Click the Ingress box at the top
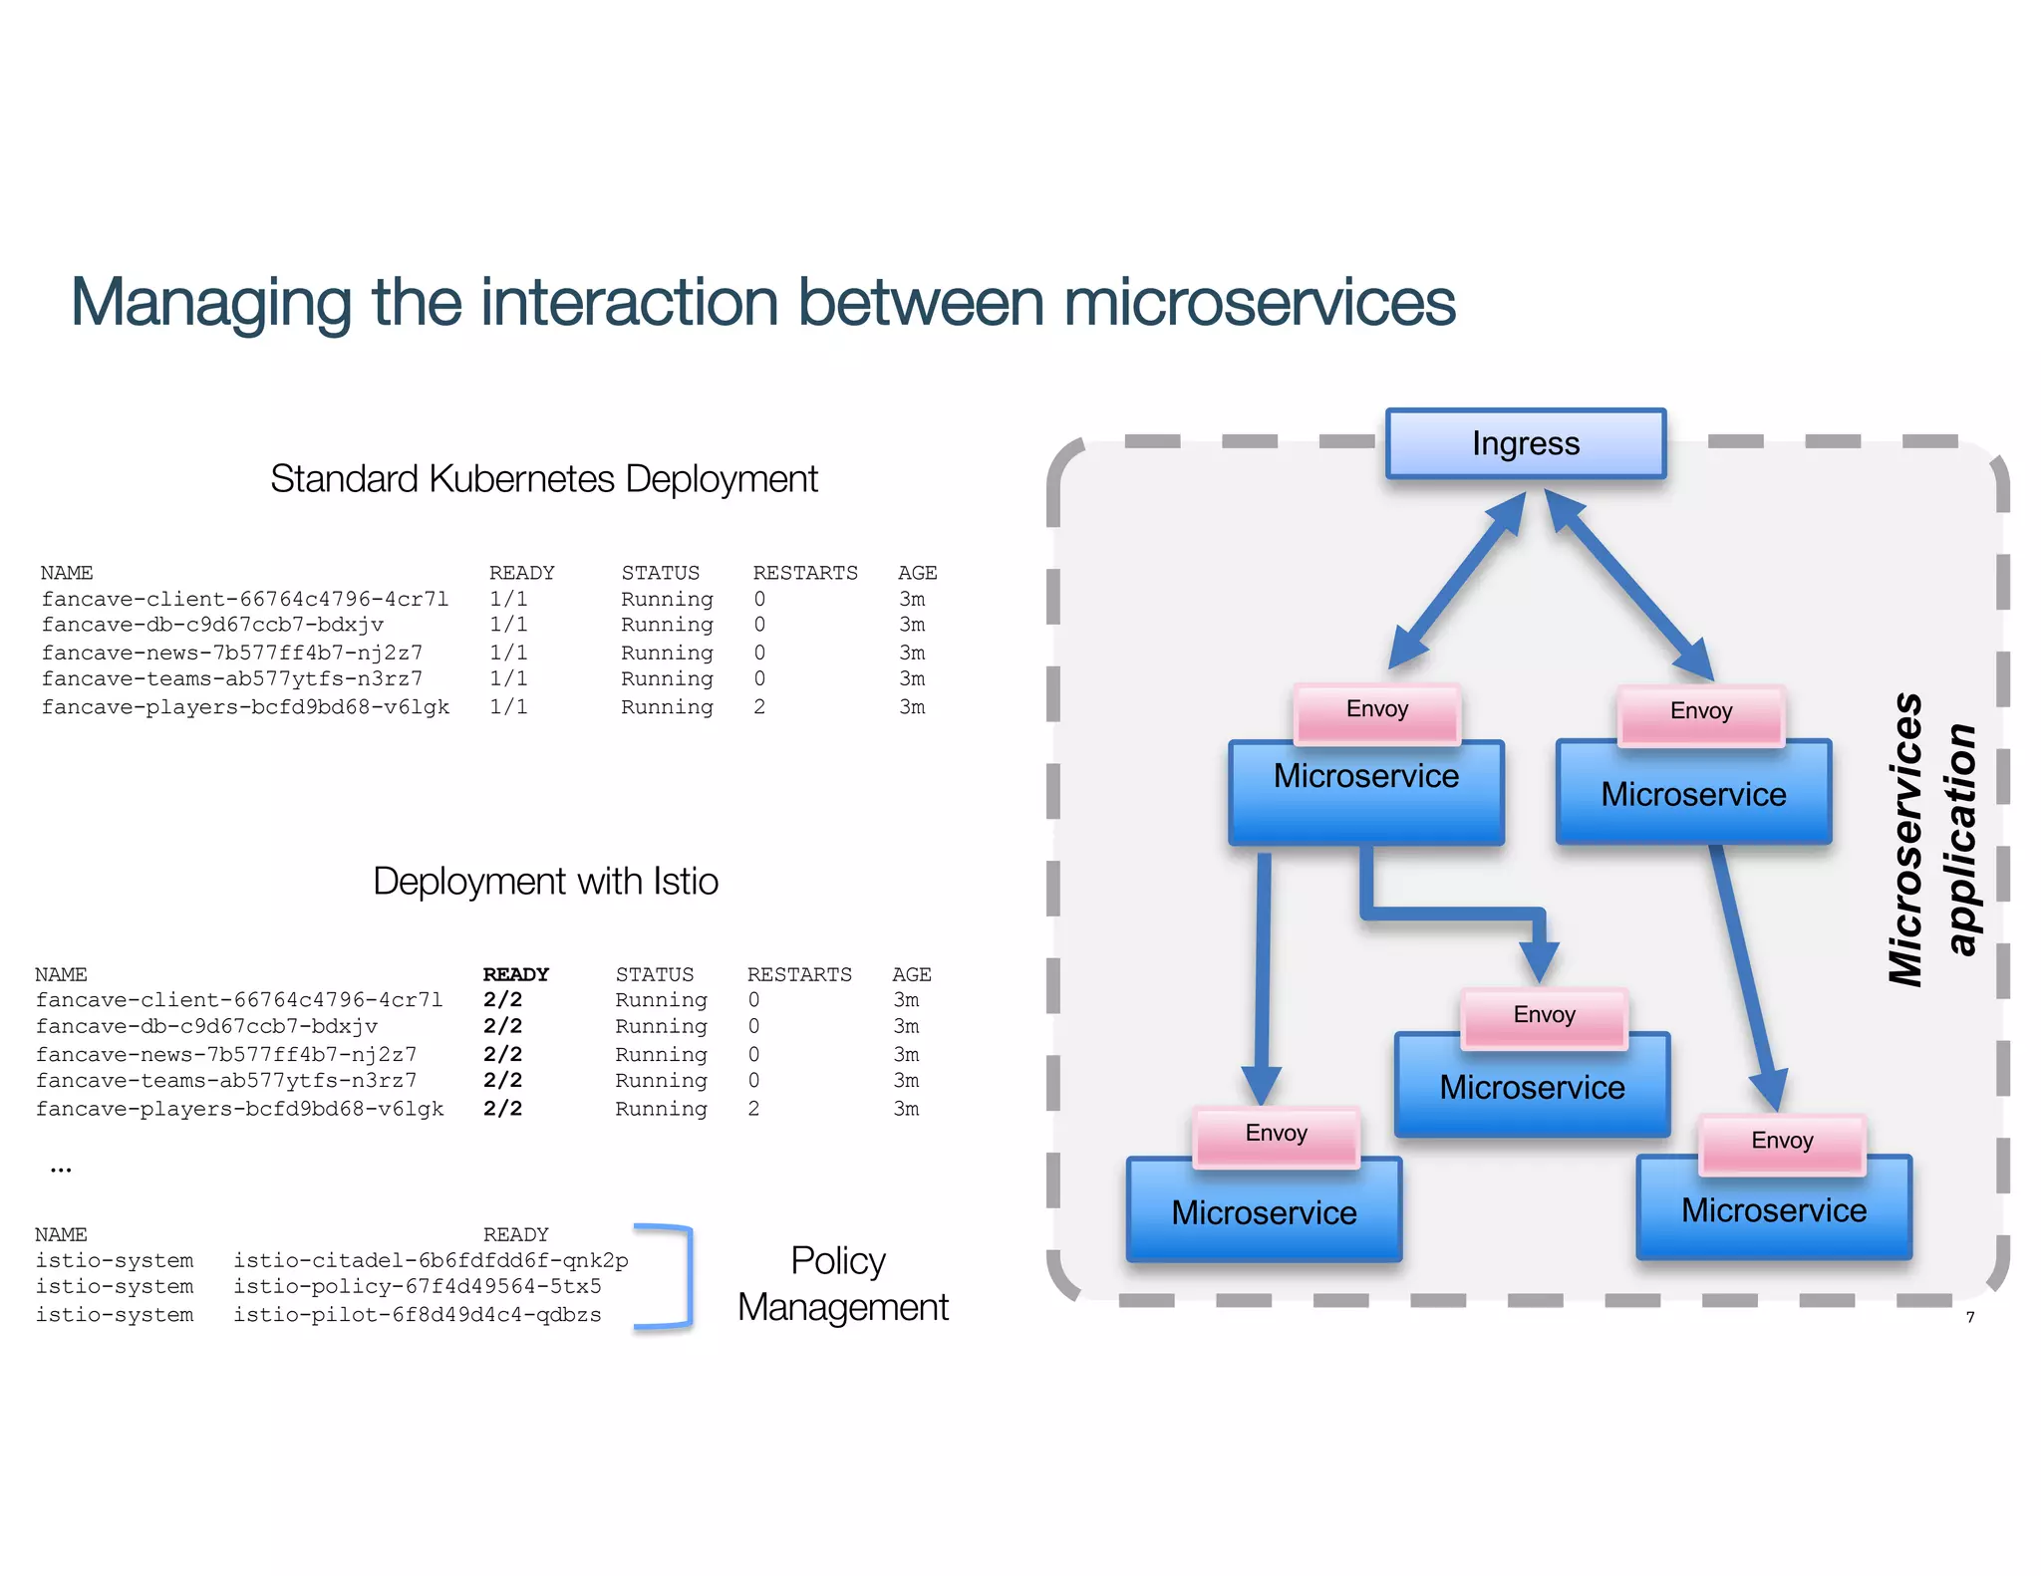click(x=1525, y=443)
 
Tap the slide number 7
click(x=1969, y=1317)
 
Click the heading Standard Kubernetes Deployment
click(x=543, y=479)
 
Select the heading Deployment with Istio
click(x=545, y=882)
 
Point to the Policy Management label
click(x=842, y=1284)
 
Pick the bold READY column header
click(x=515, y=973)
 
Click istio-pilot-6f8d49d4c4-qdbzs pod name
click(x=417, y=1314)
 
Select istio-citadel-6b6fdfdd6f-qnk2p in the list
click(x=431, y=1260)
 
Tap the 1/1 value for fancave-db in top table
click(x=508, y=625)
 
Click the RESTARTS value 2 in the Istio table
click(x=753, y=1108)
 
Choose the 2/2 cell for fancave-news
click(x=502, y=1053)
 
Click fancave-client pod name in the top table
click(x=244, y=599)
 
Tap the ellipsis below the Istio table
click(x=61, y=1170)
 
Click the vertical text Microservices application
click(x=1931, y=840)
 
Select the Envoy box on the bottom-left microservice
click(x=1276, y=1134)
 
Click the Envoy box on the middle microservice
click(x=1544, y=1015)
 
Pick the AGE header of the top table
click(x=917, y=573)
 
